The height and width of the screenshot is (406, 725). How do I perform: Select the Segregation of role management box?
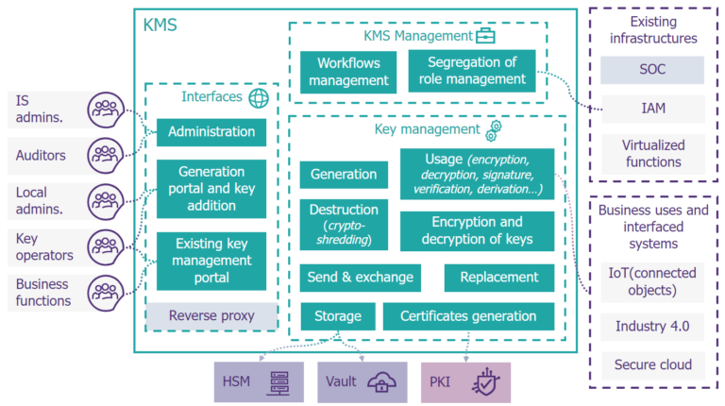click(x=471, y=72)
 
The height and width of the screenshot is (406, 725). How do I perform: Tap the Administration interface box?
click(x=211, y=132)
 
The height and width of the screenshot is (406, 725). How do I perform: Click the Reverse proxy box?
click(x=211, y=315)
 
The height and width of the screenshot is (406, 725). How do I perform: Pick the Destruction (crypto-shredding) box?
click(x=344, y=225)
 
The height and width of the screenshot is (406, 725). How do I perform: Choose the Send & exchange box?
click(x=360, y=278)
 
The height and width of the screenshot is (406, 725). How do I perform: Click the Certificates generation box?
click(x=468, y=316)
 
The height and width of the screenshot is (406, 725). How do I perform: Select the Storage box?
click(x=338, y=316)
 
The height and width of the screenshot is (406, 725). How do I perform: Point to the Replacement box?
click(x=498, y=278)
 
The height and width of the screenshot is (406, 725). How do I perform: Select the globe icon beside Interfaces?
click(x=258, y=97)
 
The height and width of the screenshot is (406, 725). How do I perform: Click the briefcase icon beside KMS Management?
click(x=485, y=36)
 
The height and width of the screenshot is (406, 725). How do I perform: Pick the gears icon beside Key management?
click(x=494, y=129)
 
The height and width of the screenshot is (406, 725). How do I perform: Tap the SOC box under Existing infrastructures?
click(x=651, y=70)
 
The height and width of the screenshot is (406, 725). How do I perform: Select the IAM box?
click(x=651, y=109)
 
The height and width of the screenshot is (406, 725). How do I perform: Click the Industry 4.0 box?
click(x=651, y=327)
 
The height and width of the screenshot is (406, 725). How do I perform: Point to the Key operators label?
click(x=43, y=246)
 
